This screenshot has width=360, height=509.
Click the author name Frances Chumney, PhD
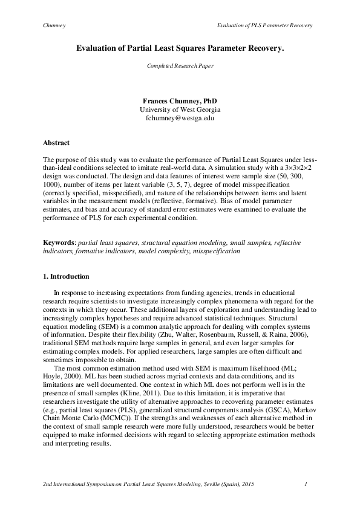(180, 100)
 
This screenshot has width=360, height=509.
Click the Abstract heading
(56, 143)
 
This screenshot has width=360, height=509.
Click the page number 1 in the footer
(307, 484)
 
